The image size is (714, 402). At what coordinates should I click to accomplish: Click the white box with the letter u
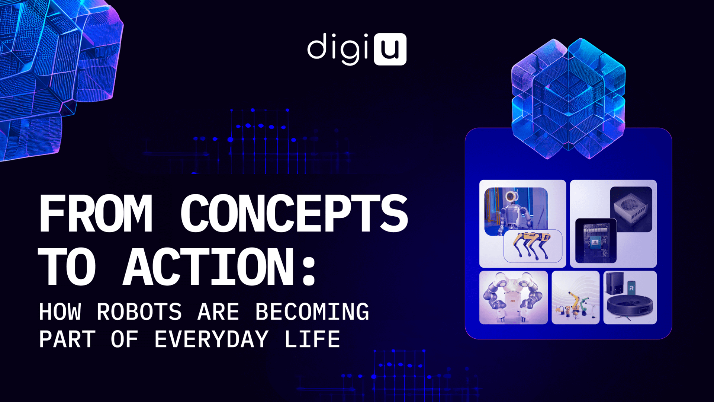click(390, 49)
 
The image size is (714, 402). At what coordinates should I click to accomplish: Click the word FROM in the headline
click(96, 214)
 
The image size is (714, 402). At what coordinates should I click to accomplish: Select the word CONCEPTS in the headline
click(294, 214)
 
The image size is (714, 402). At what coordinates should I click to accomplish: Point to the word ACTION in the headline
click(209, 267)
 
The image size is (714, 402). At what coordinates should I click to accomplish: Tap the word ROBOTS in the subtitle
click(139, 312)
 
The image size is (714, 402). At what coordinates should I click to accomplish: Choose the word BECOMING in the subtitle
click(312, 312)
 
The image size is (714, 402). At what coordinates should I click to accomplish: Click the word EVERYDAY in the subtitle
click(211, 339)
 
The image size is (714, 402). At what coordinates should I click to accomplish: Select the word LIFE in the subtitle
click(312, 339)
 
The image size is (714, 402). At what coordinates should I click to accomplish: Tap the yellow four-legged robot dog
click(532, 244)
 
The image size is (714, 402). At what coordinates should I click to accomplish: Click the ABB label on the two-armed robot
click(512, 301)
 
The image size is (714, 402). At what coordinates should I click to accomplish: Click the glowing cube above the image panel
click(568, 99)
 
